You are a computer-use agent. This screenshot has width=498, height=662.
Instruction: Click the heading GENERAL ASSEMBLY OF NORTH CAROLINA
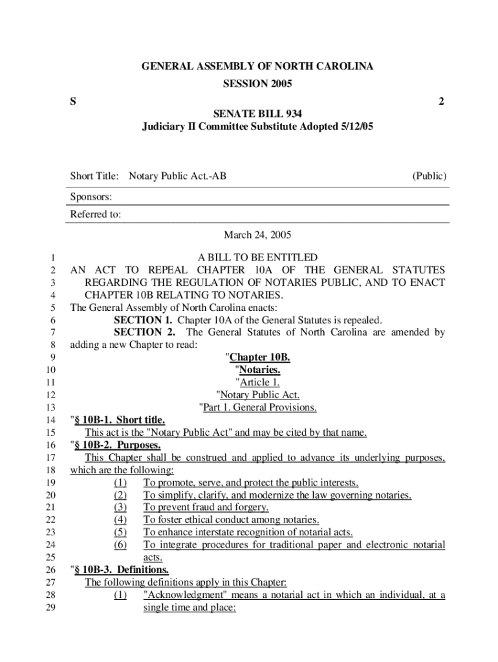click(257, 67)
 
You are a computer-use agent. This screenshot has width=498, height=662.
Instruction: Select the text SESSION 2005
click(257, 84)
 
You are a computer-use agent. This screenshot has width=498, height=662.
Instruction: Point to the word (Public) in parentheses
click(429, 176)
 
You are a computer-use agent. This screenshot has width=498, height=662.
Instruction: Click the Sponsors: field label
click(91, 197)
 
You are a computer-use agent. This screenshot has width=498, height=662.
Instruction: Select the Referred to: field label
click(96, 215)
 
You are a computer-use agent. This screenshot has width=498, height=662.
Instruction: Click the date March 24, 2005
click(257, 235)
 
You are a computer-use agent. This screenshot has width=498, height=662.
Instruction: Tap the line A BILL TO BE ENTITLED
click(257, 257)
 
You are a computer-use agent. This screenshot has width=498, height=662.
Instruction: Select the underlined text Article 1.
click(259, 383)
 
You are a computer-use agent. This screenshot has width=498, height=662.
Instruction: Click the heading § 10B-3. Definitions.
click(121, 570)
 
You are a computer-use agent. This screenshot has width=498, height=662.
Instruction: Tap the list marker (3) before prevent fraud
click(120, 507)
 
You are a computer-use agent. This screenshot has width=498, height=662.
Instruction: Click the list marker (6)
click(120, 545)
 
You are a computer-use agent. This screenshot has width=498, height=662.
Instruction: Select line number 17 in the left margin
click(52, 458)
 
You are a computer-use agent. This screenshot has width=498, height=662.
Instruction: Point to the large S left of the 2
click(73, 101)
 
